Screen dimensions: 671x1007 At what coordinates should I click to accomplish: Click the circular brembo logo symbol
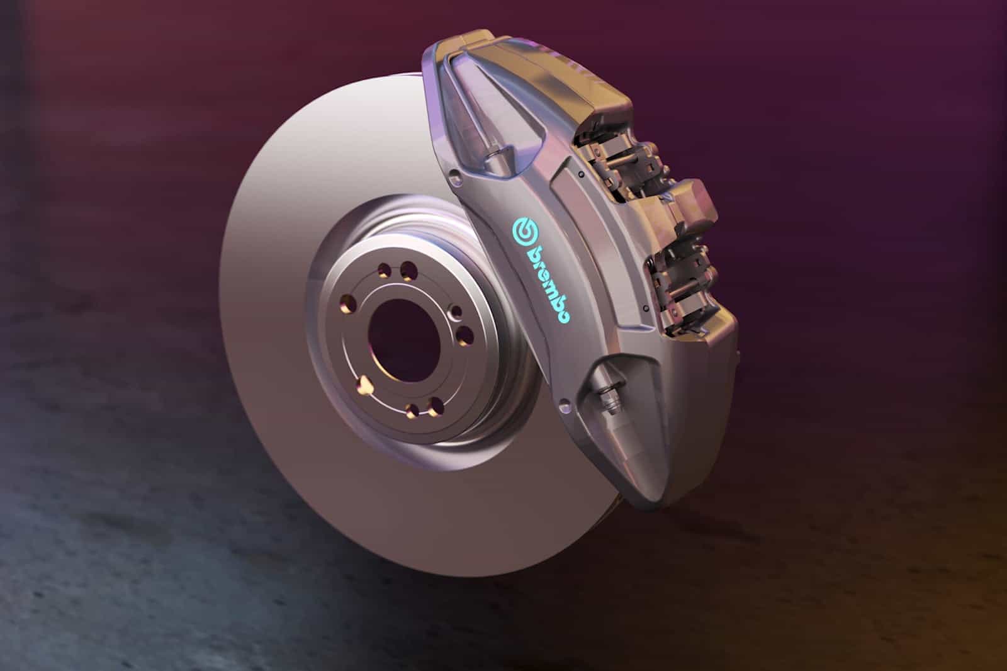click(525, 231)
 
